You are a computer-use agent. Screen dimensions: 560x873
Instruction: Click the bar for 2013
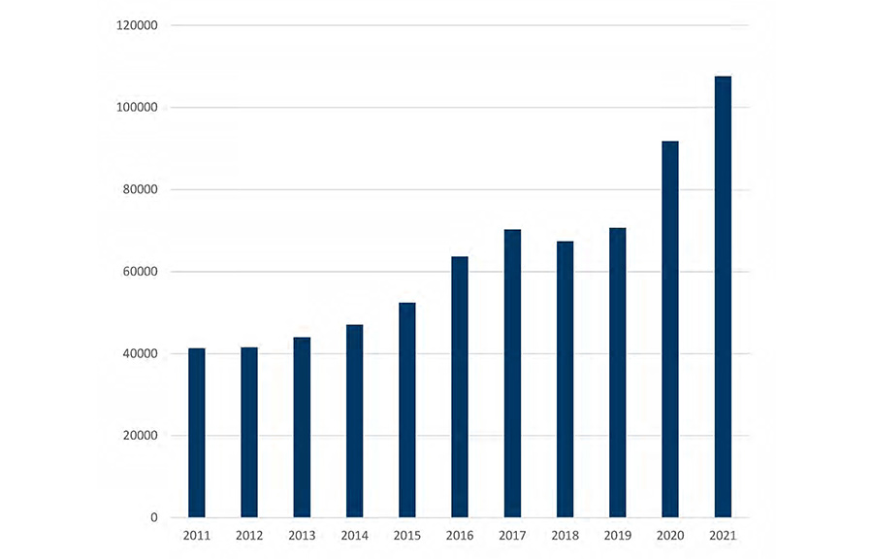pos(302,427)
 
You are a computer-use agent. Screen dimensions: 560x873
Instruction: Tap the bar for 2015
pos(407,410)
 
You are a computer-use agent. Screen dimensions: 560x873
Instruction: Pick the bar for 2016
pos(460,386)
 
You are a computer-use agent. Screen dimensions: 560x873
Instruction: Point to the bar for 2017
pos(512,374)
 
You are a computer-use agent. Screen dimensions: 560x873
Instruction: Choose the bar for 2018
pos(565,379)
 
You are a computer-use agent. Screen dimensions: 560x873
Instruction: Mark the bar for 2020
pos(670,329)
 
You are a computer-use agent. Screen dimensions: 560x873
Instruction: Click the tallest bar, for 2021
pos(723,296)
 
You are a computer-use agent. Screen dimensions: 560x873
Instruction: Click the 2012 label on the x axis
pos(249,535)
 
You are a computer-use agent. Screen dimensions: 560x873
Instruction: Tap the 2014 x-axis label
pos(354,535)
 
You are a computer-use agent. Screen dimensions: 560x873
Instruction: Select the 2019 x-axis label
pos(617,535)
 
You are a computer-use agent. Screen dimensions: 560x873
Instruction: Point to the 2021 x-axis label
pos(723,535)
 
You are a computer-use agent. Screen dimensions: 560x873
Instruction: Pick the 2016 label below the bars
pos(460,535)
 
